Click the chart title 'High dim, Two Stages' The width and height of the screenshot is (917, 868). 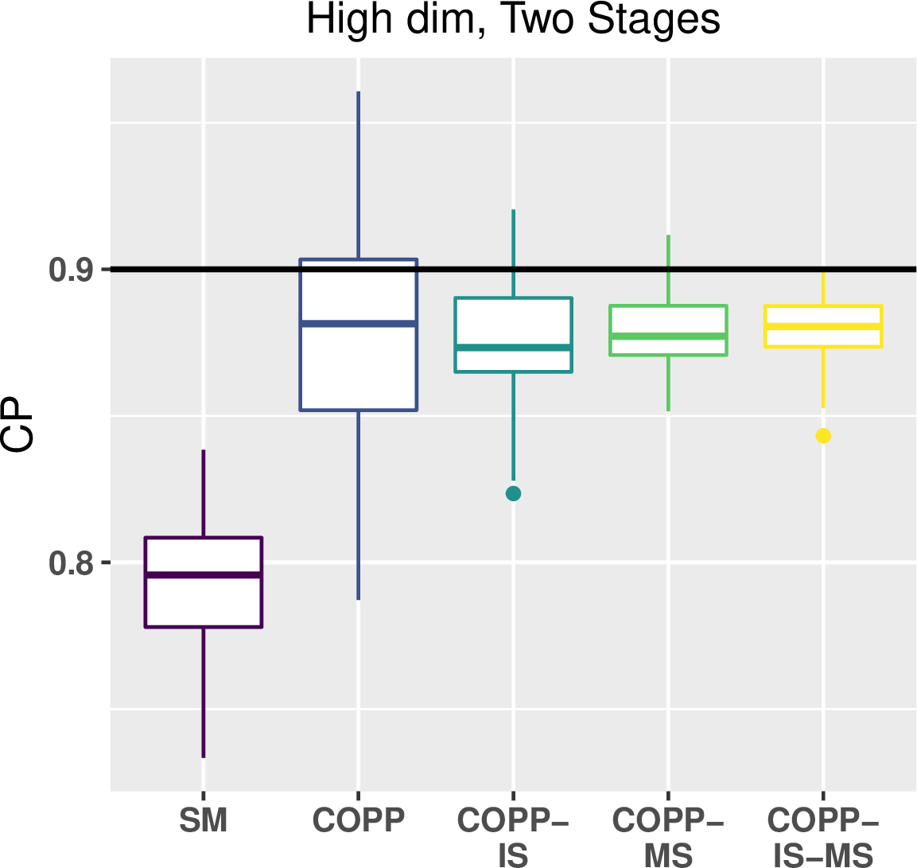click(513, 21)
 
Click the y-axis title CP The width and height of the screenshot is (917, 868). click(17, 425)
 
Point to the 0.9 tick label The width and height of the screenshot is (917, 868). click(72, 271)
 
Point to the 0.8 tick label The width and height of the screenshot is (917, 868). click(72, 563)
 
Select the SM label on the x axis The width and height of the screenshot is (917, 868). click(203, 820)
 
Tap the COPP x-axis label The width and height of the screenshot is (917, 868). click(359, 820)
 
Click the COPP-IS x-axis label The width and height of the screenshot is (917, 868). click(513, 837)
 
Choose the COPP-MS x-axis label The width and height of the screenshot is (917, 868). click(668, 837)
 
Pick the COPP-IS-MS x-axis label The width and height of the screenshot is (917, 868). click(823, 837)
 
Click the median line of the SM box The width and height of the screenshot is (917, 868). click(204, 575)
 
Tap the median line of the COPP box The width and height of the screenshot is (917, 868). click(359, 324)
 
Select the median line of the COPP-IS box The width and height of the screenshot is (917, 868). click(514, 348)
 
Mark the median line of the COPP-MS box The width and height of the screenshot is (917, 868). click(668, 336)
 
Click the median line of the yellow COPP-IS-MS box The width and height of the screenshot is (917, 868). click(823, 325)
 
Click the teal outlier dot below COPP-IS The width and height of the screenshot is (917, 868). click(514, 493)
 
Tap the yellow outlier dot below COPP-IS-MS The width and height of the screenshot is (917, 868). click(823, 436)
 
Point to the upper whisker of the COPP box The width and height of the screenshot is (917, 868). click(359, 175)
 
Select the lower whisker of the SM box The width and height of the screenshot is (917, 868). click(204, 692)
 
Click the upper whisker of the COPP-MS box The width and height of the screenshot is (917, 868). click(668, 270)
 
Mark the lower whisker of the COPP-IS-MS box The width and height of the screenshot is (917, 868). click(823, 377)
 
